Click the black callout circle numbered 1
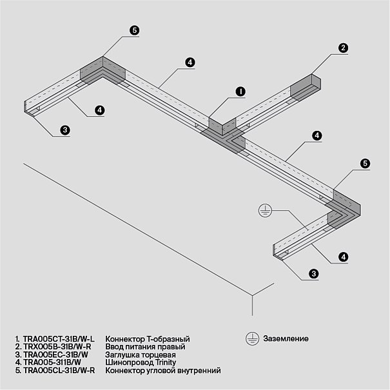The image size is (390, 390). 240,92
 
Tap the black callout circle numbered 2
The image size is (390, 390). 343,48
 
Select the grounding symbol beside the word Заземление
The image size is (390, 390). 253,338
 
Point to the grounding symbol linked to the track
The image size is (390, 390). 265,211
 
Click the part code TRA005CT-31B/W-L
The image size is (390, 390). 59,339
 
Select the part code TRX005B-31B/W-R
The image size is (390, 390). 57,346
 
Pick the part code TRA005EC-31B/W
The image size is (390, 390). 55,355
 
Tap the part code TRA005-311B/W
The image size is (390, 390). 52,362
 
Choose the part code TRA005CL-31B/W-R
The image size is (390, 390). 59,370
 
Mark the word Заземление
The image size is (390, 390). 286,338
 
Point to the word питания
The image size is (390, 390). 146,346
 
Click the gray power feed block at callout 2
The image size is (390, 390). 306,87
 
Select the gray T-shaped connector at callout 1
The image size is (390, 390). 223,135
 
